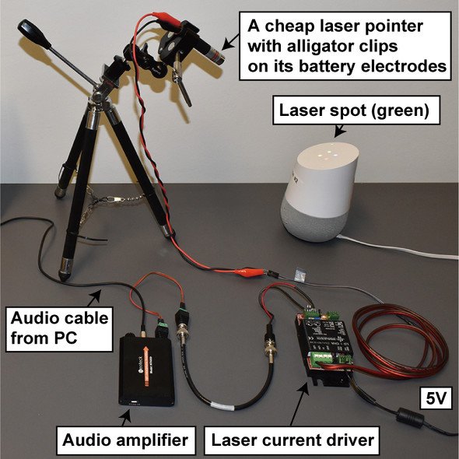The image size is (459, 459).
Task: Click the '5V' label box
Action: pos(436,398)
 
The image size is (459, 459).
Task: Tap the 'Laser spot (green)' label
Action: pos(356,110)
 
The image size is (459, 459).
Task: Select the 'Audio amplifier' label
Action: pos(125,440)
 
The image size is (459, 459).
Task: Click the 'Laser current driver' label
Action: pos(293,440)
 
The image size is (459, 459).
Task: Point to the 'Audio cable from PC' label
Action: pos(59,329)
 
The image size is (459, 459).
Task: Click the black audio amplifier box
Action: pos(146,370)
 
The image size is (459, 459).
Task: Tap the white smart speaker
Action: pos(320,191)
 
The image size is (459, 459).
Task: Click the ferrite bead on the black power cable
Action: pos(410,417)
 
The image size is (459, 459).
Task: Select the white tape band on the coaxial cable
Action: pos(222,406)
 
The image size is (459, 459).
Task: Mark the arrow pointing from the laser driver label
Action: pos(300,403)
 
